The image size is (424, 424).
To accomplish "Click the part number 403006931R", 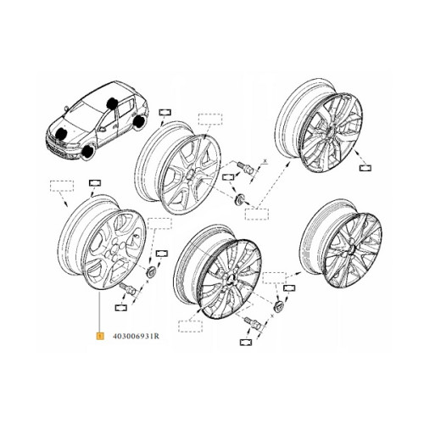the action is pyautogui.click(x=136, y=337).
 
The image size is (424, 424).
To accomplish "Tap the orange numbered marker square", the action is pyautogui.click(x=100, y=337).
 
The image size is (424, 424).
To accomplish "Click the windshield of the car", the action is pyautogui.click(x=81, y=112).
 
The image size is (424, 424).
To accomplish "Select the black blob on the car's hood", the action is pyautogui.click(x=62, y=133).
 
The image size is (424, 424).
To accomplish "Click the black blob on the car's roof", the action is pyautogui.click(x=112, y=103).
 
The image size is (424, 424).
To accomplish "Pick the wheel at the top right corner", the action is pyautogui.click(x=320, y=126).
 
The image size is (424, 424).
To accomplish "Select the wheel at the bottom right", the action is pyautogui.click(x=341, y=243).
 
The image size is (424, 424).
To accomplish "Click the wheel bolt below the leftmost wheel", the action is pyautogui.click(x=128, y=288).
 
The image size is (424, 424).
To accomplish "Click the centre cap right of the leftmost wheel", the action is pyautogui.click(x=151, y=271).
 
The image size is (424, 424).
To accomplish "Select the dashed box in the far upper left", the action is pyautogui.click(x=62, y=186).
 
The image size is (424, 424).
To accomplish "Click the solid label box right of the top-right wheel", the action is pyautogui.click(x=365, y=168).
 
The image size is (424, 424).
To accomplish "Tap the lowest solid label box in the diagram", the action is pyautogui.click(x=246, y=343).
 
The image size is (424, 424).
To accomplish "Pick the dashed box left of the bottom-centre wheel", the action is pyautogui.click(x=190, y=326).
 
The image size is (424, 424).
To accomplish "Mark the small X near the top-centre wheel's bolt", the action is pyautogui.click(x=265, y=161).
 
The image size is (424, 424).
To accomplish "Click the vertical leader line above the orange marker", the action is pyautogui.click(x=100, y=311).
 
